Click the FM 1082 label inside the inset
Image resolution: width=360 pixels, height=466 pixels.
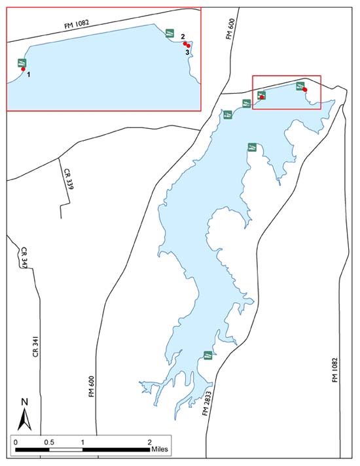pos(73,24)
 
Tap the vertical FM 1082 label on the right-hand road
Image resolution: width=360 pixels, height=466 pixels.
pos(335,371)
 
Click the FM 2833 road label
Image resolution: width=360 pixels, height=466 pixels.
pos(207,402)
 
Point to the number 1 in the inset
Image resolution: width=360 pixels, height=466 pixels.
pos(29,75)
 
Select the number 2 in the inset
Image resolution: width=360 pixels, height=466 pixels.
pos(183,37)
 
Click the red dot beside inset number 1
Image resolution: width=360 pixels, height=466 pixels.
pos(23,68)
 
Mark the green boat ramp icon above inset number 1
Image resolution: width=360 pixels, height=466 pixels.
pos(21,62)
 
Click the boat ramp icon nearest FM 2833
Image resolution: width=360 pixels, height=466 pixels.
pos(206,355)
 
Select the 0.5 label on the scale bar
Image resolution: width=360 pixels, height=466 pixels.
pos(48,442)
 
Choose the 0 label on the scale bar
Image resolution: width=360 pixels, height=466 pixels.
pos(15,442)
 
